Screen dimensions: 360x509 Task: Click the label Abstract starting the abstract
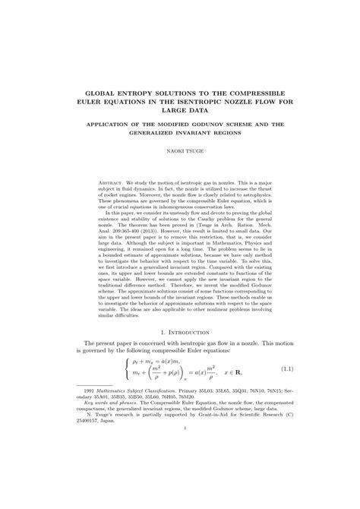tap(115, 184)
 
